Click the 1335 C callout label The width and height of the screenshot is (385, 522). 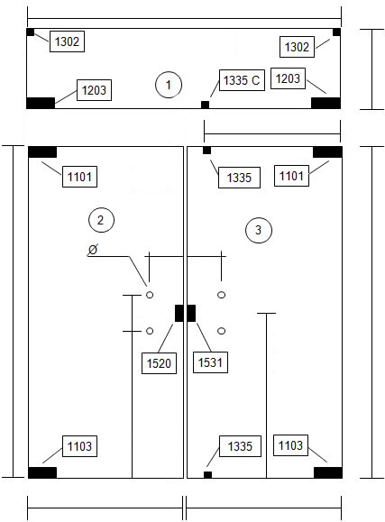(242, 80)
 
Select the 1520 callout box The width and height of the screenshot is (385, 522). (159, 363)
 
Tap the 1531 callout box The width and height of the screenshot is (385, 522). (210, 362)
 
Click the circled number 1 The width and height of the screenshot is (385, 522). (169, 85)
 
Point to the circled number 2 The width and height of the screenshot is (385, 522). (101, 220)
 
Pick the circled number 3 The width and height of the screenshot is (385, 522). (259, 230)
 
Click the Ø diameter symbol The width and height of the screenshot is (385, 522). (93, 250)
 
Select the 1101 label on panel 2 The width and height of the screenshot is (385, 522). (79, 177)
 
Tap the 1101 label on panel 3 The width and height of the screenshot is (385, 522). (291, 176)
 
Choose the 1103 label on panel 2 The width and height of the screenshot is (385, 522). (79, 446)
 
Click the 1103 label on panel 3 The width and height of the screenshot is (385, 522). (290, 445)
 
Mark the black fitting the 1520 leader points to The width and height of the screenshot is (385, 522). (179, 313)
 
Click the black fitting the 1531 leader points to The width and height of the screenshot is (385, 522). (191, 313)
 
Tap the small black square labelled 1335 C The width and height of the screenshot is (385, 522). (206, 105)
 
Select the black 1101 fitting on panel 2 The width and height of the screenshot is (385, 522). (42, 152)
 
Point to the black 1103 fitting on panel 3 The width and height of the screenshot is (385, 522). (328, 472)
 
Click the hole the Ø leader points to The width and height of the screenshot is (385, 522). (150, 295)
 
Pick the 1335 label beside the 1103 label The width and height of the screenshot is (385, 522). (240, 446)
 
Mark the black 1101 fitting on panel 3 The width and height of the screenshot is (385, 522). (327, 151)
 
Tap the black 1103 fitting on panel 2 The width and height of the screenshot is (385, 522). (42, 472)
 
